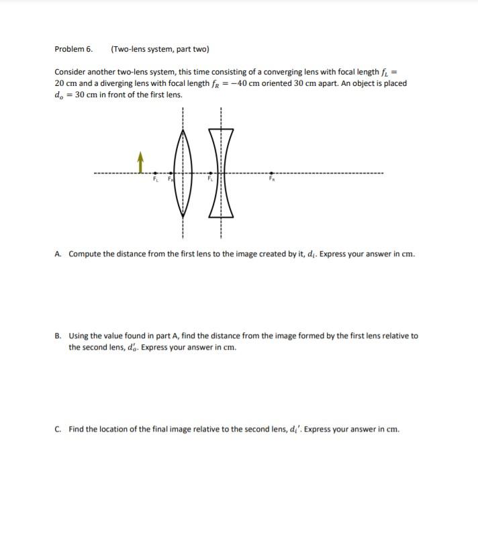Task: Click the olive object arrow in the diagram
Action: point(140,161)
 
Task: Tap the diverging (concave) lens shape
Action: point(221,172)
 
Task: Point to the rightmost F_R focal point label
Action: point(272,179)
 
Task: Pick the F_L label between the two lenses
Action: point(210,179)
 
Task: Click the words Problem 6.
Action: point(73,49)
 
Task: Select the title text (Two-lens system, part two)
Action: point(160,49)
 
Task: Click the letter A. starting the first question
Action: point(58,254)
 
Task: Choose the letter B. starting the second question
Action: point(58,336)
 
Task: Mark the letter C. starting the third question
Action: point(58,429)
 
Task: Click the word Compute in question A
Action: point(85,254)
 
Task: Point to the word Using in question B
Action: point(79,336)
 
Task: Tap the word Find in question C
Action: point(76,429)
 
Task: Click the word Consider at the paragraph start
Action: point(70,72)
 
